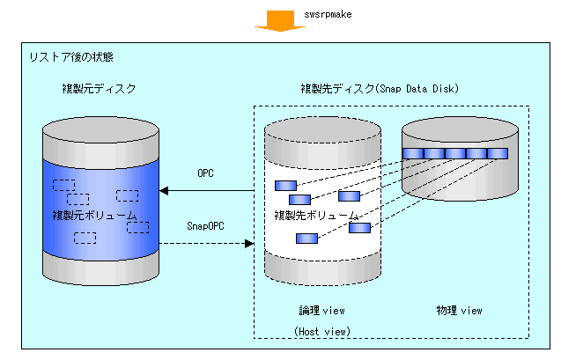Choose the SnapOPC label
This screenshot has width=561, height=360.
click(205, 226)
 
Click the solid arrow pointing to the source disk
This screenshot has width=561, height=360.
click(210, 190)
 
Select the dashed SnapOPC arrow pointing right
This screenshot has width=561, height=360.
click(210, 244)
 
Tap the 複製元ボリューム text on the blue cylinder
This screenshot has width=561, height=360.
click(95, 216)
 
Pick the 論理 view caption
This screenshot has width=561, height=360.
click(322, 310)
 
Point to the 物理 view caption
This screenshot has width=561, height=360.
click(460, 310)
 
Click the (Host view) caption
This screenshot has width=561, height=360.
click(322, 331)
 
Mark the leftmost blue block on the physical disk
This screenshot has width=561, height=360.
click(413, 154)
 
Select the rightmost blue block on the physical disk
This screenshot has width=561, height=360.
click(498, 154)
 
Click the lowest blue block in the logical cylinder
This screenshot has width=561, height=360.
click(306, 238)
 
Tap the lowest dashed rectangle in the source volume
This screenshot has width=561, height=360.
click(85, 237)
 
